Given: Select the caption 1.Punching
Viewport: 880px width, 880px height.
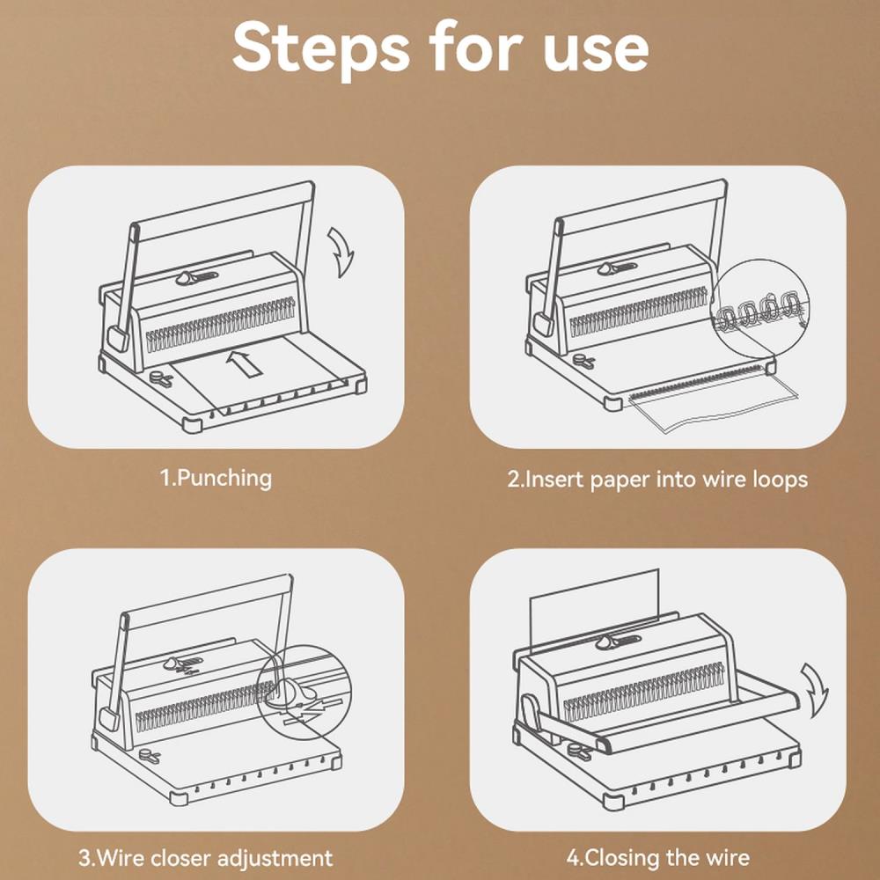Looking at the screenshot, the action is (216, 479).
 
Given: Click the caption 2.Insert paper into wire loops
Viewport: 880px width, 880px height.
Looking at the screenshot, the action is (657, 480).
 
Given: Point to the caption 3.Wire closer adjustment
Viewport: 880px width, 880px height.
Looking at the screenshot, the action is (205, 859).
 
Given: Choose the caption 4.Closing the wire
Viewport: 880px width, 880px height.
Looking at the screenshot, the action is (657, 858).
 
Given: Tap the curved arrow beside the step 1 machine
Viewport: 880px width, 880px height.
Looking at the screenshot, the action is (341, 252).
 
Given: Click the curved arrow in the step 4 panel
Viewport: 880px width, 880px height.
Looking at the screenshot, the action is (815, 690).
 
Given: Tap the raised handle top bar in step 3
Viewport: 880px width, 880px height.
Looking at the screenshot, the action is (208, 598).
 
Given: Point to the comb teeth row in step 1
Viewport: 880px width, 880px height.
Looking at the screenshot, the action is (220, 325).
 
